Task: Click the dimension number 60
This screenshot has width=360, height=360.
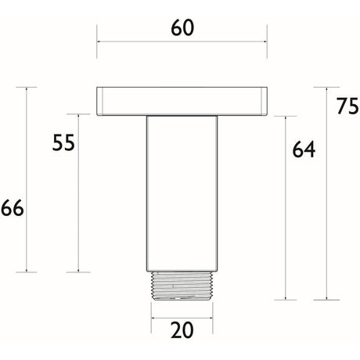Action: click(182, 28)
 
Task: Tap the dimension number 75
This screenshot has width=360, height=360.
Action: click(347, 106)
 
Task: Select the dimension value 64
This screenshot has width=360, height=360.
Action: click(304, 149)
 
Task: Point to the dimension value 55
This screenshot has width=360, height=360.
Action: click(63, 142)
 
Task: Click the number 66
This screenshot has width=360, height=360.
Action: click(13, 208)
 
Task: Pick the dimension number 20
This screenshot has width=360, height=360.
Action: click(182, 330)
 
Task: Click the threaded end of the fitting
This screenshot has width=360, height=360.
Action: click(182, 286)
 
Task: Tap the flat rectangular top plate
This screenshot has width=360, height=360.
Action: click(182, 101)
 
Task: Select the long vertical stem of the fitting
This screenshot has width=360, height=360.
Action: click(182, 193)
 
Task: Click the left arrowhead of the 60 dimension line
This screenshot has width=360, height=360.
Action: click(99, 41)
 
